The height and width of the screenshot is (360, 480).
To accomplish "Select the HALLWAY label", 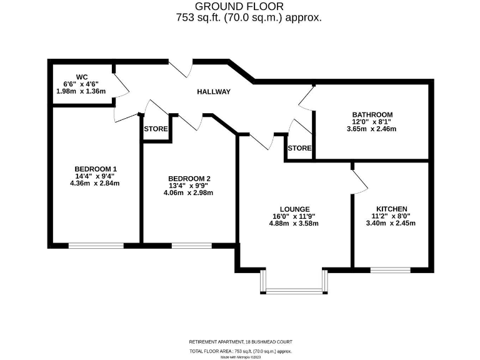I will click(x=214, y=92).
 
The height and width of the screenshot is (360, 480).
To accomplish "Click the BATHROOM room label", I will click(x=372, y=114).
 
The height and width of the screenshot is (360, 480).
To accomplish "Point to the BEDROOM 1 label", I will click(x=96, y=169).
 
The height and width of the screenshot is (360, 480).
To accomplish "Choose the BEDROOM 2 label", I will click(x=188, y=178).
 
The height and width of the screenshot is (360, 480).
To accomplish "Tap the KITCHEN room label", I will click(x=392, y=209).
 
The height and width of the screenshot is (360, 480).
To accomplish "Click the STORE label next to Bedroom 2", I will click(x=156, y=129).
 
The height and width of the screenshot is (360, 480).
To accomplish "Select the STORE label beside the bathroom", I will click(x=299, y=148).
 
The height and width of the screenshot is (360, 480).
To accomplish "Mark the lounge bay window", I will click(x=293, y=289).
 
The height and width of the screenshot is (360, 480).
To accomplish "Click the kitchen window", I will click(x=390, y=270).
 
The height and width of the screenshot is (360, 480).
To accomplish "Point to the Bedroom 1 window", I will click(x=96, y=246).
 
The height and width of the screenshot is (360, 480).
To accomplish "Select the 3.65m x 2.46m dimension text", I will click(x=372, y=129).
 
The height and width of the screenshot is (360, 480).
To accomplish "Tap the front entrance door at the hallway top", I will click(x=181, y=67).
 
